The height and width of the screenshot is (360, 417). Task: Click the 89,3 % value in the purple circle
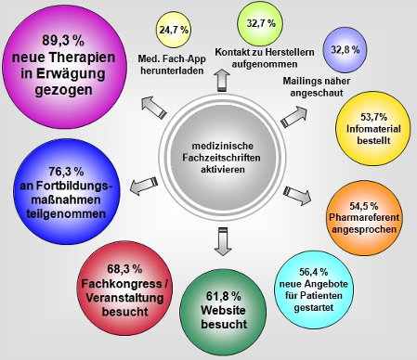pyautogui.click(x=63, y=41)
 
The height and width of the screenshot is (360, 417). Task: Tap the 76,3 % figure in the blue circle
pyautogui.click(x=66, y=172)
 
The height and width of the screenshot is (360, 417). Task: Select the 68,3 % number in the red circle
pyautogui.click(x=124, y=269)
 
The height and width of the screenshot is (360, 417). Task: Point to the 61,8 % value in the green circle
pyautogui.click(x=224, y=296)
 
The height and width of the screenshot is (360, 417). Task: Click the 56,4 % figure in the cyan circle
pyautogui.click(x=314, y=272)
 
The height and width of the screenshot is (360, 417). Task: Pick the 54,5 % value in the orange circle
pyautogui.click(x=364, y=206)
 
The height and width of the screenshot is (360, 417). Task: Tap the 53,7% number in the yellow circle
pyautogui.click(x=373, y=117)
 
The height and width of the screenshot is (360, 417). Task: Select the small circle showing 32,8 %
pyautogui.click(x=345, y=50)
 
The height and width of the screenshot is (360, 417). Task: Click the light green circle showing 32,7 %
pyautogui.click(x=260, y=23)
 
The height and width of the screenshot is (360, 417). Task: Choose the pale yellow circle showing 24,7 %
pyautogui.click(x=174, y=30)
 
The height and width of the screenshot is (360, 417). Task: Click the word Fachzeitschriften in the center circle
pyautogui.click(x=221, y=158)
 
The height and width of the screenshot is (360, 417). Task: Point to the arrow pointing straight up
pyautogui.click(x=222, y=80)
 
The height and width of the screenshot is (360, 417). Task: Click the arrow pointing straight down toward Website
pyautogui.click(x=223, y=241)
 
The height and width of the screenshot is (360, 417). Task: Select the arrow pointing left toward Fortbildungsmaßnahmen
pyautogui.click(x=144, y=186)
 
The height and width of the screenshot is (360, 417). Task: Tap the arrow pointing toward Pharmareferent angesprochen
pyautogui.click(x=297, y=196)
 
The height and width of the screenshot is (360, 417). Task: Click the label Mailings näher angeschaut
pyautogui.click(x=317, y=87)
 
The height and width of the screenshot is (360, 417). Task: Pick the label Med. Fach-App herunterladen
pyautogui.click(x=172, y=65)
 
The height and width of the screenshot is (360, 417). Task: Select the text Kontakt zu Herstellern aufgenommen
pyautogui.click(x=265, y=58)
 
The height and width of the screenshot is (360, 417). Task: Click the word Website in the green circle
pyautogui.click(x=223, y=310)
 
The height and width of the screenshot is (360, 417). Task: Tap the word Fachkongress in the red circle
pyautogui.click(x=122, y=284)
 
